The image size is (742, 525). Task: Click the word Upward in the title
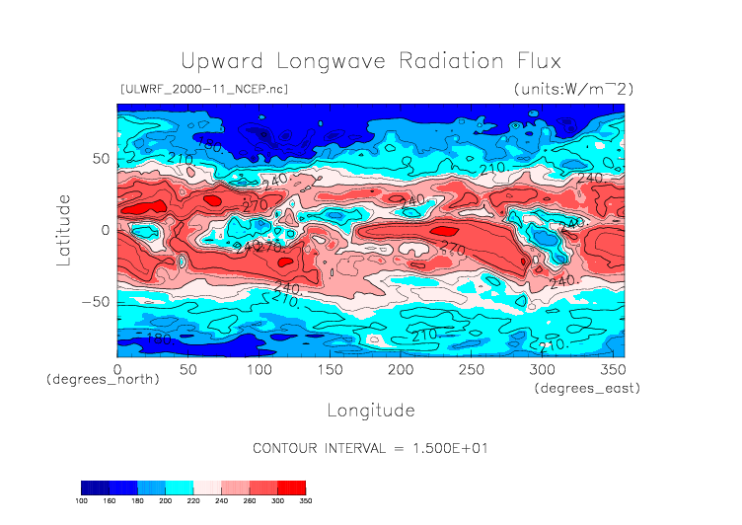click(x=219, y=60)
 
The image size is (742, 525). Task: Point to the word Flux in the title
click(x=539, y=60)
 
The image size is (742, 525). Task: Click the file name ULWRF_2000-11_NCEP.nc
click(x=203, y=89)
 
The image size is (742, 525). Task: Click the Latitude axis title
click(x=64, y=229)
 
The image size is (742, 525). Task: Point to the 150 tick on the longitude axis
click(x=329, y=368)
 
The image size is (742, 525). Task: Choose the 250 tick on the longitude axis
click(x=470, y=368)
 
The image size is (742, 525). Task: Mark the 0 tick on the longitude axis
click(x=117, y=368)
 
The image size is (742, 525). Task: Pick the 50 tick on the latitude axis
click(x=99, y=158)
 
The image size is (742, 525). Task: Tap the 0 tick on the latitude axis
click(x=105, y=230)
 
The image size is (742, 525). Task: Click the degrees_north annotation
click(x=103, y=380)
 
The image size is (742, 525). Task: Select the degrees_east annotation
click(x=587, y=389)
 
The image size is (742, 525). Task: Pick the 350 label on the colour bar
click(x=305, y=500)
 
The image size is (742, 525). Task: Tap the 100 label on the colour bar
click(x=82, y=500)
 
